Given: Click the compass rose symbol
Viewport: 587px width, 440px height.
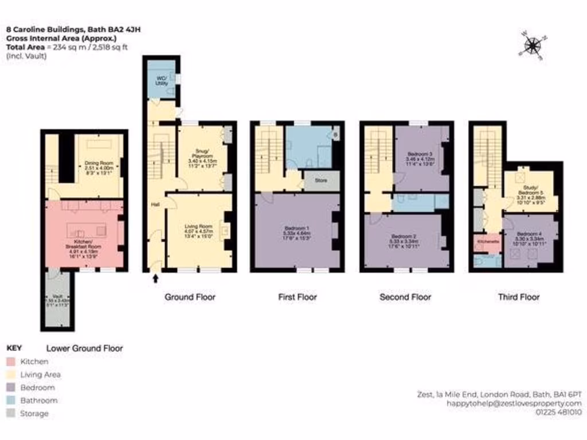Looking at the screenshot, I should (533, 45).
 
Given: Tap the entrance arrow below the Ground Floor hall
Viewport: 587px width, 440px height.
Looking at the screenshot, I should (155, 279).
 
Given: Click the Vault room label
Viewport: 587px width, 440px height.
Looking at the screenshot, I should (57, 301).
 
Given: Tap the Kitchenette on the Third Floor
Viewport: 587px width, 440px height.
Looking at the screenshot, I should (486, 242).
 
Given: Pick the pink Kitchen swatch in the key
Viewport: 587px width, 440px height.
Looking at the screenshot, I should (11, 362).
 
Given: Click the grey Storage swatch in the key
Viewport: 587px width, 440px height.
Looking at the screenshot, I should (11, 414).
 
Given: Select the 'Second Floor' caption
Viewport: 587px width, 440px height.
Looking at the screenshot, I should (405, 297).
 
